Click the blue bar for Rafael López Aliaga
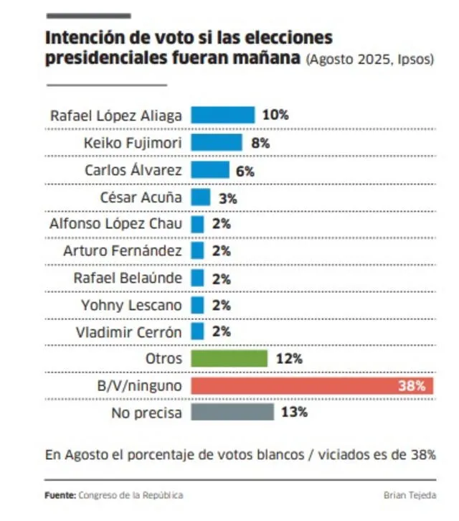point(223,115)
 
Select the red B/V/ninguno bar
point(313,385)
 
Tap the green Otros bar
point(229,358)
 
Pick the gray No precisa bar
point(232,412)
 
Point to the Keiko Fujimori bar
point(217,142)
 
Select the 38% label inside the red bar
point(416,385)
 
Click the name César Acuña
point(142,197)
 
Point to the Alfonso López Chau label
point(115,223)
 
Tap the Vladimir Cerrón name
point(128,332)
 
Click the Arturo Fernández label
point(123,250)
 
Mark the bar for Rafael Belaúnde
point(198,278)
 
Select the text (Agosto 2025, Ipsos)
point(369,60)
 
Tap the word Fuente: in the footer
point(60,495)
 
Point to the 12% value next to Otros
point(288,358)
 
